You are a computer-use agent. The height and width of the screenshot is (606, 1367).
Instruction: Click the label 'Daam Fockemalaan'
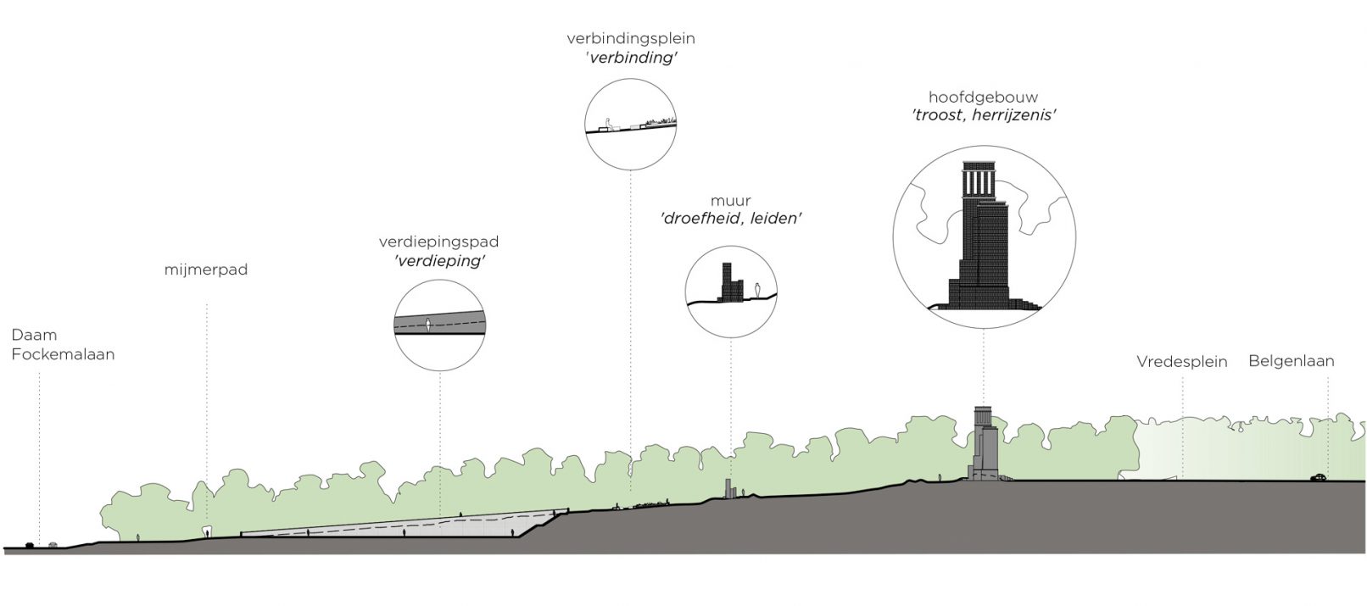63,345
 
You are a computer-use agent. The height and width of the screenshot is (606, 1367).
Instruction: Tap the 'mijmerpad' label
206,271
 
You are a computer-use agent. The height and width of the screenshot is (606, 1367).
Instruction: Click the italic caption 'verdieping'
439,261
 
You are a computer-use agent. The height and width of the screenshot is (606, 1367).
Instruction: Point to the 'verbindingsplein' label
630,39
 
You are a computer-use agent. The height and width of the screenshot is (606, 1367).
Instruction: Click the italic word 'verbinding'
630,58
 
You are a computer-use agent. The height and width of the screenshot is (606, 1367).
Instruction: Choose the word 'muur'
731,201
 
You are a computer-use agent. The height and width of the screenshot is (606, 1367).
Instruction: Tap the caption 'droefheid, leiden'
731,219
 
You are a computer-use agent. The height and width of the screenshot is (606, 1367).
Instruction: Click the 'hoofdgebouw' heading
983,97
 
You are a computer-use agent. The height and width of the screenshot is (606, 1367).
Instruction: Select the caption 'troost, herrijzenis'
983,115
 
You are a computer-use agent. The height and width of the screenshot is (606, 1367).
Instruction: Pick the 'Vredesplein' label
1181,362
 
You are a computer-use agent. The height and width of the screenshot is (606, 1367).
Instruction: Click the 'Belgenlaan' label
1291,361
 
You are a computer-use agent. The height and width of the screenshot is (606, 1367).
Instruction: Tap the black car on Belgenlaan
1318,477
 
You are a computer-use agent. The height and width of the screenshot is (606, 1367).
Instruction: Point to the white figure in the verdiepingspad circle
429,324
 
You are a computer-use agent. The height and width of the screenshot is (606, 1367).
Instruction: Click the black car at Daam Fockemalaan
31,545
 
